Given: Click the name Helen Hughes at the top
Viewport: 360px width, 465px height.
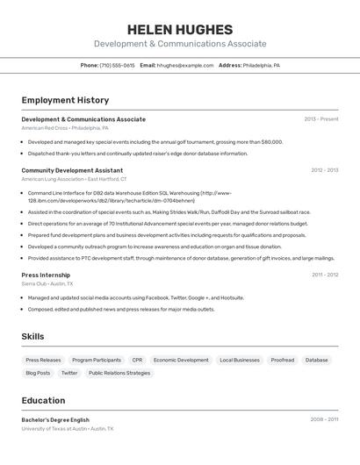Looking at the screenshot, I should (x=180, y=30).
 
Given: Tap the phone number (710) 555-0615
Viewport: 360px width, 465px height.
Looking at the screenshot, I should (x=117, y=65).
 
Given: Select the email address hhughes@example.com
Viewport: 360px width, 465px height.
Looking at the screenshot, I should (x=185, y=65).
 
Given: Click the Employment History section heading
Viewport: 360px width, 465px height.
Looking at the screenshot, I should (x=65, y=100).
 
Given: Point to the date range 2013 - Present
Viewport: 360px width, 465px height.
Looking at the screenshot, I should (x=321, y=119).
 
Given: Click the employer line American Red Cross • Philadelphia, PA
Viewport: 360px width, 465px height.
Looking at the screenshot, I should (x=65, y=128).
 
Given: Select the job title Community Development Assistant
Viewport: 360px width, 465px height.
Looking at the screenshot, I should (x=72, y=170).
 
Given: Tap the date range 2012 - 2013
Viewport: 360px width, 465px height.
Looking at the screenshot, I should (x=324, y=170).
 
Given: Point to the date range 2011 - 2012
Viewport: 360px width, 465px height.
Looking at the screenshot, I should (x=324, y=275).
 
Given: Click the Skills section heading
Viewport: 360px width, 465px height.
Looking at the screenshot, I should (x=32, y=336).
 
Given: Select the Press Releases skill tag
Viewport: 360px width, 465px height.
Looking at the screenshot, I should (x=43, y=360).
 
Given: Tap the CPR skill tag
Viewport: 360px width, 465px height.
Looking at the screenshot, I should (x=137, y=360).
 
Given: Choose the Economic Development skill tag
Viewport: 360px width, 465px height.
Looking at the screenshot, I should (x=181, y=360).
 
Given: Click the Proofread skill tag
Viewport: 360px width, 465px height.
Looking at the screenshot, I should (x=282, y=360).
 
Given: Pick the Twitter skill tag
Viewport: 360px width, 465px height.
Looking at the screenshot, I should (x=69, y=373).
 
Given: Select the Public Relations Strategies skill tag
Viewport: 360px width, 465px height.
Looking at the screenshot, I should (x=119, y=373).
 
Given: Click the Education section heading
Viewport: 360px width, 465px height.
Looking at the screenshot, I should (x=43, y=400).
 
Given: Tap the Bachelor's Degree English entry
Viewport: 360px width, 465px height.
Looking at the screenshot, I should (x=55, y=419).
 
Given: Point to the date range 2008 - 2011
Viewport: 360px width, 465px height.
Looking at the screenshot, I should (x=324, y=419).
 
